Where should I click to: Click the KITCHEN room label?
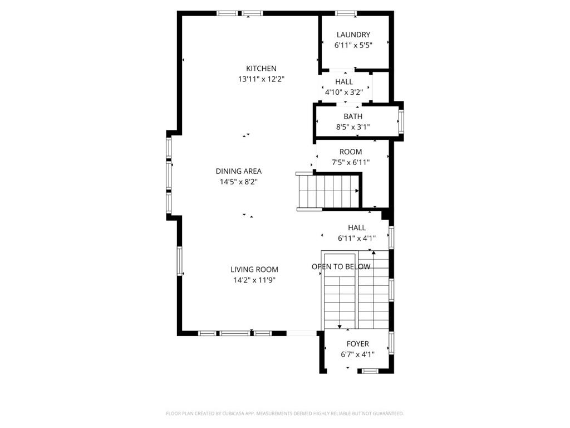261,69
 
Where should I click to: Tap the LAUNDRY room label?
353,35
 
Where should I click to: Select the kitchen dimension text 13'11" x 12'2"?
261,79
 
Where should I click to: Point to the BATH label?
353,116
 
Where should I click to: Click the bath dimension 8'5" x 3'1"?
353,127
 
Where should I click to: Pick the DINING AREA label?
238,171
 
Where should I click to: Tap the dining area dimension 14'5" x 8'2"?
238,182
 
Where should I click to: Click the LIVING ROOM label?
254,269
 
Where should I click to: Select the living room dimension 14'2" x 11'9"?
254,280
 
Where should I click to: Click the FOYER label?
358,343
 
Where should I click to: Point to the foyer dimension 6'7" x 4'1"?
358,354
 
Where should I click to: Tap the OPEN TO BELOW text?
341,266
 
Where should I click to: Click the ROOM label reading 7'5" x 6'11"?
351,152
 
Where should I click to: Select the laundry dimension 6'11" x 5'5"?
353,45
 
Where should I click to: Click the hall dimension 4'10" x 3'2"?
344,92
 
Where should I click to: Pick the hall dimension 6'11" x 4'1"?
357,238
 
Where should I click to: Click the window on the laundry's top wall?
346,13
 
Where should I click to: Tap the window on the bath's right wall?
401,121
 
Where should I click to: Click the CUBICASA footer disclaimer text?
285,414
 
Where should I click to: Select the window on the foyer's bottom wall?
370,371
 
